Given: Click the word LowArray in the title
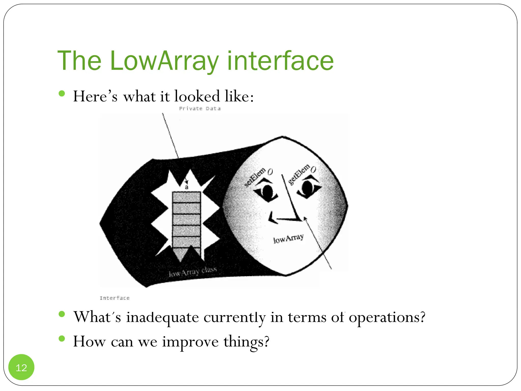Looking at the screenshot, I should pyautogui.click(x=164, y=61).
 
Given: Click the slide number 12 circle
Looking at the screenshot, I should pyautogui.click(x=21, y=367).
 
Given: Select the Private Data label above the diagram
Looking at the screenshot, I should pyautogui.click(x=200, y=109).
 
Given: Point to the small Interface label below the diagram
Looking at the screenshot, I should pyautogui.click(x=115, y=298).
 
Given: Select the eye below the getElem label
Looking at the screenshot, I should pyautogui.click(x=308, y=189).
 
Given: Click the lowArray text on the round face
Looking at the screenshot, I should pyautogui.click(x=288, y=239).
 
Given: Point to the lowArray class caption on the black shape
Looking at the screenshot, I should pyautogui.click(x=193, y=272).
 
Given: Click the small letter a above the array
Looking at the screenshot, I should pyautogui.click(x=186, y=187).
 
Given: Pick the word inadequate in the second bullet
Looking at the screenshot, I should pyautogui.click(x=163, y=317).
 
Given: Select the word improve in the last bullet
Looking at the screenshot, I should pyautogui.click(x=190, y=342).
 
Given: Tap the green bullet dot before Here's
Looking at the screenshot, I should pyautogui.click(x=62, y=93).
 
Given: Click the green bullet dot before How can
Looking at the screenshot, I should pyautogui.click(x=62, y=339).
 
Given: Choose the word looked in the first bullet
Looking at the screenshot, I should pyautogui.click(x=197, y=96).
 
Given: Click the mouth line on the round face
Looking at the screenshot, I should pyautogui.click(x=286, y=219).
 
